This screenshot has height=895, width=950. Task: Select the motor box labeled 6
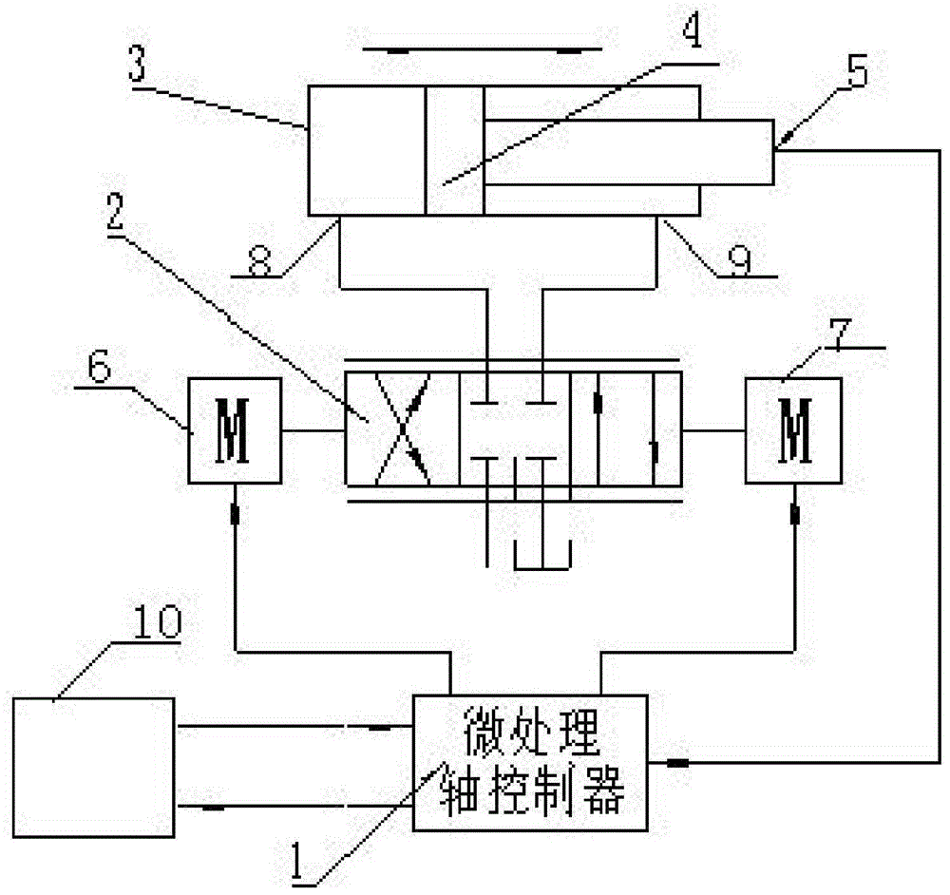click(x=234, y=431)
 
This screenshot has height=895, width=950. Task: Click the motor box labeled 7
click(x=792, y=430)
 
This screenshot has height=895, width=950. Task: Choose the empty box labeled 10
click(x=93, y=767)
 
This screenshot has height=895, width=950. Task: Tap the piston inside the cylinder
click(x=454, y=151)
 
